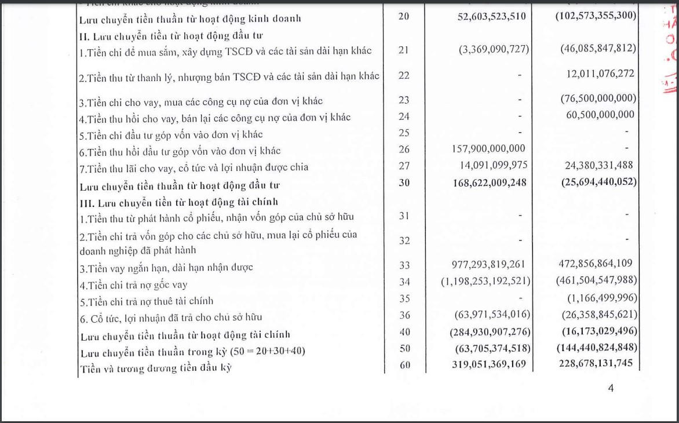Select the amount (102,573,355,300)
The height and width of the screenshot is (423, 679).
point(596,16)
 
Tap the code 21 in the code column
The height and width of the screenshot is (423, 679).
point(404,49)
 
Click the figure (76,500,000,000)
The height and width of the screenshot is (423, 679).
point(598,99)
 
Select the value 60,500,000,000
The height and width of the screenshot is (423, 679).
point(600,115)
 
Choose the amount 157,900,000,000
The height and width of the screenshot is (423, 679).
point(488,149)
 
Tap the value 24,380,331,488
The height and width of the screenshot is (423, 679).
point(598,165)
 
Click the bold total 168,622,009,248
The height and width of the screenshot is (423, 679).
point(488,182)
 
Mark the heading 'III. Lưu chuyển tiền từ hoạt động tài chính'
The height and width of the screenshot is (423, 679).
point(179,202)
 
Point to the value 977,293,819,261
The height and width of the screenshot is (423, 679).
point(488,265)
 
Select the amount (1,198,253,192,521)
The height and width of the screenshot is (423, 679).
point(485,281)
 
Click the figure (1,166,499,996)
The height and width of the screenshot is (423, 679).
point(603,298)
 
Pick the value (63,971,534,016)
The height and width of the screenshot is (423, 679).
point(492,315)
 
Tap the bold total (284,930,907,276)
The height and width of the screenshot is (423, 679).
point(490,331)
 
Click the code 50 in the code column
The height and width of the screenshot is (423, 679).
point(404,348)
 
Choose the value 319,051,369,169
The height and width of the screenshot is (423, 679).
point(488,364)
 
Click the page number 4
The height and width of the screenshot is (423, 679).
point(611,388)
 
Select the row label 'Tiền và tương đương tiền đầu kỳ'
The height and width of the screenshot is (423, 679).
point(156,367)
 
